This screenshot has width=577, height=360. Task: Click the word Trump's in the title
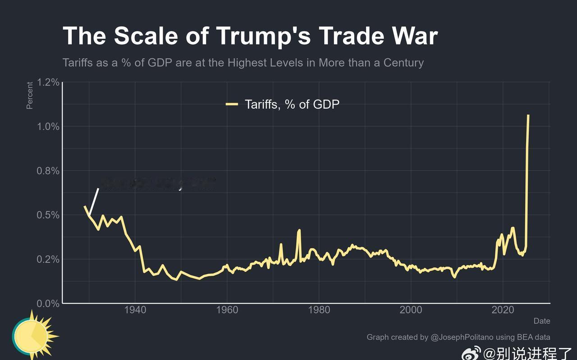pyautogui.click(x=261, y=36)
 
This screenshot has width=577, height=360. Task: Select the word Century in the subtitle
pyautogui.click(x=403, y=62)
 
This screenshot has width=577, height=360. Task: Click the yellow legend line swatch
pyautogui.click(x=232, y=105)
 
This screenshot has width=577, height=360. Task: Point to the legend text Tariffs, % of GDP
pyautogui.click(x=292, y=105)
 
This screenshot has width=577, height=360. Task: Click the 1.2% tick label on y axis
pyautogui.click(x=48, y=82)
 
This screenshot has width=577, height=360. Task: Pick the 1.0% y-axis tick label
pyautogui.click(x=48, y=127)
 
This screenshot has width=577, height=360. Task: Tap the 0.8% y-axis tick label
pyautogui.click(x=48, y=171)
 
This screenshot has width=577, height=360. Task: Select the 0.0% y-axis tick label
pyautogui.click(x=48, y=304)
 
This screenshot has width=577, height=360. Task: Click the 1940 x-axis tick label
pyautogui.click(x=135, y=310)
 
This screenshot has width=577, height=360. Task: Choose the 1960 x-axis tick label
pyautogui.click(x=227, y=310)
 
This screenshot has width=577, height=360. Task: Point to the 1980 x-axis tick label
pyautogui.click(x=319, y=310)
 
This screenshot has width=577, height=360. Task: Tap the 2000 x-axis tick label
pyautogui.click(x=411, y=310)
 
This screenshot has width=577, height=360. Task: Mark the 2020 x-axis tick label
pyautogui.click(x=503, y=310)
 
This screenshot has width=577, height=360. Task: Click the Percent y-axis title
pyautogui.click(x=30, y=95)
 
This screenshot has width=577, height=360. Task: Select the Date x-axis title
pyautogui.click(x=542, y=321)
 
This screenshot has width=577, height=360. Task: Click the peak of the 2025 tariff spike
pyautogui.click(x=528, y=116)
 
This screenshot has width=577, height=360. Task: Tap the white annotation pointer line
pyautogui.click(x=94, y=201)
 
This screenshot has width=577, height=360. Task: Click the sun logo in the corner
pyautogui.click(x=32, y=336)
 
